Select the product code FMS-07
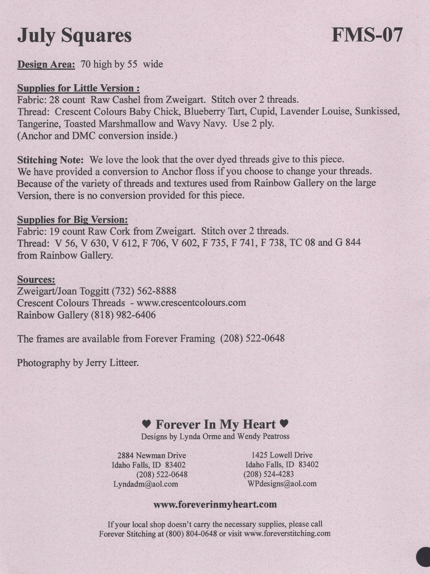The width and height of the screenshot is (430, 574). click(x=367, y=35)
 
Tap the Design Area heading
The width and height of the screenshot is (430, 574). click(x=46, y=64)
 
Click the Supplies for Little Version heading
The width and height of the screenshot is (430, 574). click(x=79, y=88)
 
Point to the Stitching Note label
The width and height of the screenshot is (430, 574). click(x=51, y=160)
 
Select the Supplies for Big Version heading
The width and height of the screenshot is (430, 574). click(x=73, y=220)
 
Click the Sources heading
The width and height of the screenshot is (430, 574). click(x=36, y=279)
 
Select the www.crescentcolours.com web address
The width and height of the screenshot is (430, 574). click(x=191, y=303)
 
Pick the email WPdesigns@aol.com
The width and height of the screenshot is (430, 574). click(x=282, y=483)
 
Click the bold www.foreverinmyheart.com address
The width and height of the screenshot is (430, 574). click(x=215, y=505)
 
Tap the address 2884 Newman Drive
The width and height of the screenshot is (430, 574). click(x=152, y=455)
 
